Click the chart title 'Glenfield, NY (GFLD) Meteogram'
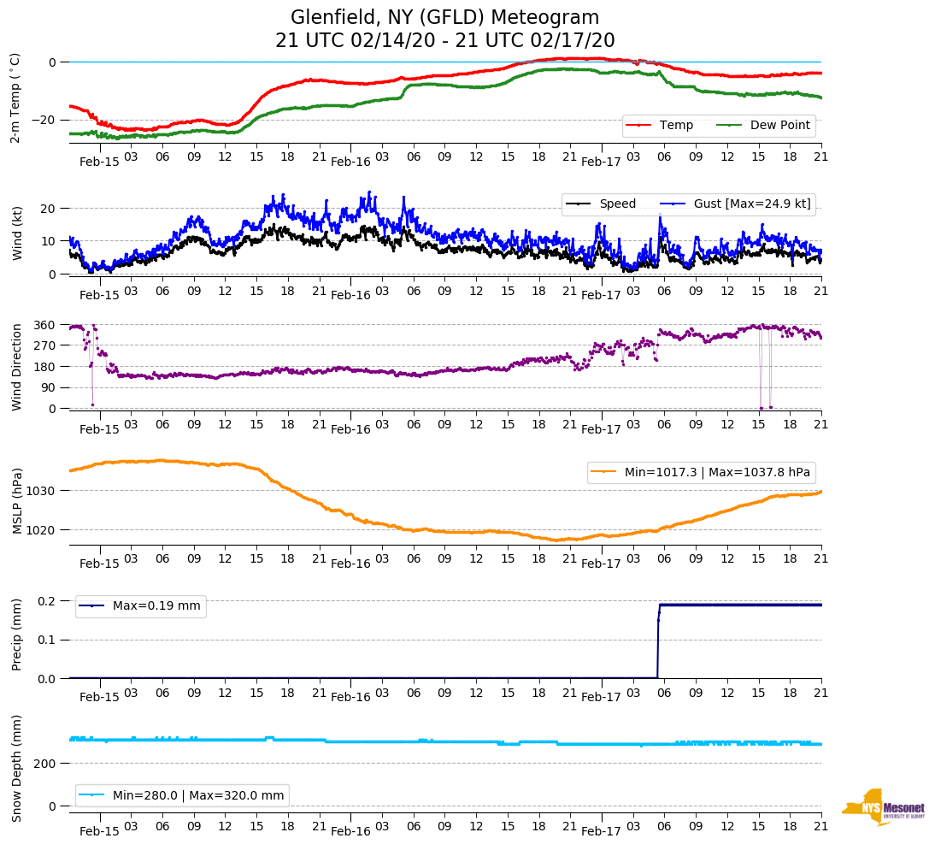444,17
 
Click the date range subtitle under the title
444,40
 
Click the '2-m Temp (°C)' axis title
15,97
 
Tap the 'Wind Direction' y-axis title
16,367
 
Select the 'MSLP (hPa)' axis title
17,501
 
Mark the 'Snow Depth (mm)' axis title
17,769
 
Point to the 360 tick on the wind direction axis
44,326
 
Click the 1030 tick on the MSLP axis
42,491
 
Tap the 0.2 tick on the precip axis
47,601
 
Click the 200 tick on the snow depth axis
44,763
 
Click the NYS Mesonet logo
883,807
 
